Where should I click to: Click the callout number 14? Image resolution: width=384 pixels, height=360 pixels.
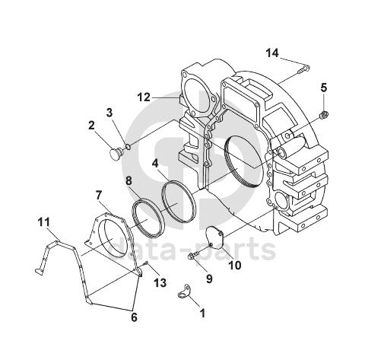(272, 53)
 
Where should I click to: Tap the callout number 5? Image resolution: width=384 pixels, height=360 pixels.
(324, 88)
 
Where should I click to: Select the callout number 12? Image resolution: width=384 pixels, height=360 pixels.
(144, 97)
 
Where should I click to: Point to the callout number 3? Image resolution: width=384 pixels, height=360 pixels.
(109, 113)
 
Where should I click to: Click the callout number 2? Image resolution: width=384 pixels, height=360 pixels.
(91, 126)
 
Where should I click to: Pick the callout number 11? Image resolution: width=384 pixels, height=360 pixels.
(43, 222)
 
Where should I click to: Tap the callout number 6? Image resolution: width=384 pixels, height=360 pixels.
(134, 317)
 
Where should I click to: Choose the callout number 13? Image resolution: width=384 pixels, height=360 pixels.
(160, 282)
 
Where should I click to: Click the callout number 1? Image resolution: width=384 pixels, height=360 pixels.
(202, 313)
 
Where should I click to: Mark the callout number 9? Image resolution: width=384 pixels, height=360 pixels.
(209, 279)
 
